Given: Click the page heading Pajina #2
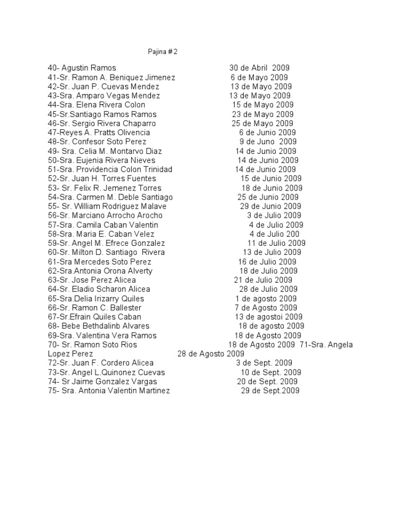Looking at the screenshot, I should click(x=162, y=52).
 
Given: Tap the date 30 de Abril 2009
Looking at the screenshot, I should click(x=259, y=68).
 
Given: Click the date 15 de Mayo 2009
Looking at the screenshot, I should click(x=262, y=105).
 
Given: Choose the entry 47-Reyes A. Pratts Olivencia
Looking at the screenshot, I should click(x=99, y=133).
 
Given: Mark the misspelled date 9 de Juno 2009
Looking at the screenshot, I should click(x=268, y=142).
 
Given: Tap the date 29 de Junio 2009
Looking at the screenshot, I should click(x=270, y=206).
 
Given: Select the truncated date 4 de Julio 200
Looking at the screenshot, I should click(x=274, y=234).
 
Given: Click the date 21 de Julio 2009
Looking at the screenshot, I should click(x=263, y=280).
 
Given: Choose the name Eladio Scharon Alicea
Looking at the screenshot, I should click(x=111, y=290).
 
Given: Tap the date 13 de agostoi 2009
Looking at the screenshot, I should click(x=269, y=317).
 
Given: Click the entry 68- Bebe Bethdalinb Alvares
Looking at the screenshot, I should click(x=99, y=326).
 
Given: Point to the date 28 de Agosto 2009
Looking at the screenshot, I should click(x=210, y=354).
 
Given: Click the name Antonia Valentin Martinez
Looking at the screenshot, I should click(x=123, y=391).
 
